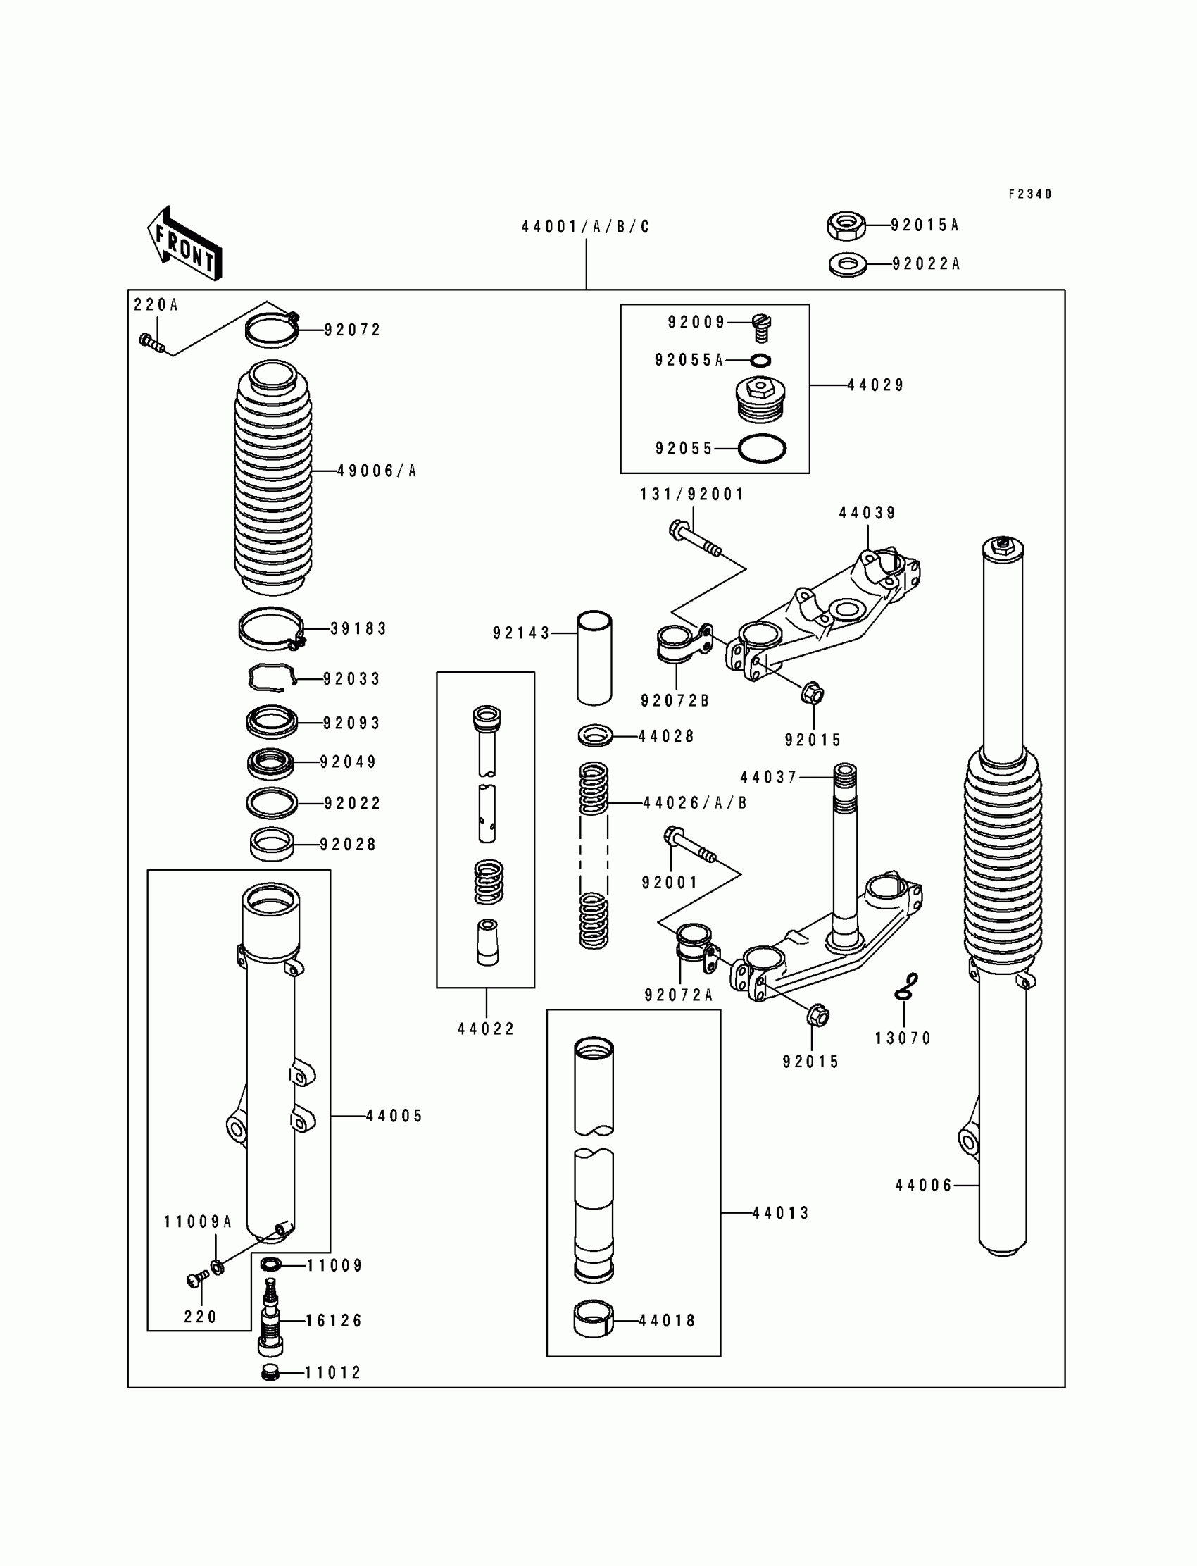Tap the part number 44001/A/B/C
tap(586, 227)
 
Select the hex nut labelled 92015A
tap(846, 225)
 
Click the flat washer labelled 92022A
tap(848, 264)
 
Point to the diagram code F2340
tap(1029, 194)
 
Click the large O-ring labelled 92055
tap(762, 448)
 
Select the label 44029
tap(875, 385)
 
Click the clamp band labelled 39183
tap(272, 628)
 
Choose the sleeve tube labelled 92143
tap(594, 657)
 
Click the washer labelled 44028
tap(595, 735)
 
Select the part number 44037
tap(768, 777)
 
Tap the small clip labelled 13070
tap(906, 986)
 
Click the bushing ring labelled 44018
tap(594, 1321)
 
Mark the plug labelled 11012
tap(270, 1372)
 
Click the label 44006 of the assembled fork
tap(923, 1185)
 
